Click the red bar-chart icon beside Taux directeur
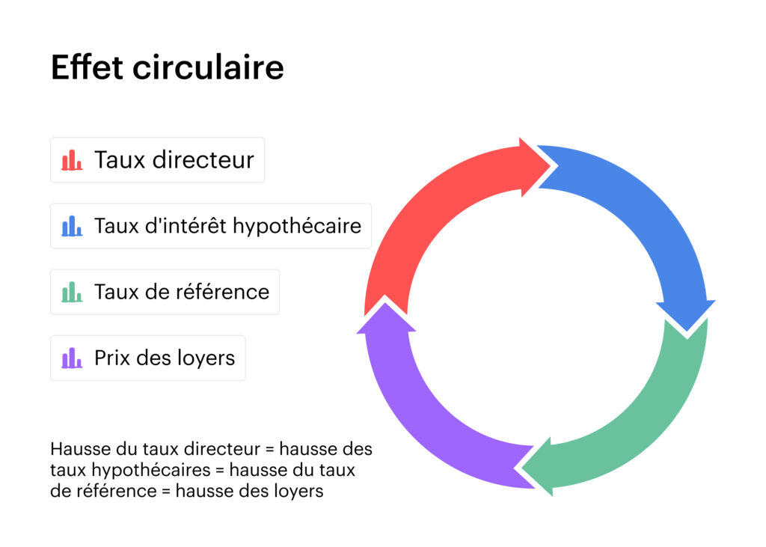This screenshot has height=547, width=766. pyautogui.click(x=72, y=160)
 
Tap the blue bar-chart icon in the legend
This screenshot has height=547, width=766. pyautogui.click(x=72, y=226)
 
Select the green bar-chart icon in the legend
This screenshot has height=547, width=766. pyautogui.click(x=72, y=292)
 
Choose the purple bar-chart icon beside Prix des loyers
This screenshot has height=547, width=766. pyautogui.click(x=72, y=358)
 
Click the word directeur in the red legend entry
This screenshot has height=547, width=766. pyautogui.click(x=203, y=160)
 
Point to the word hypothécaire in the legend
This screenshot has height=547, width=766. pyautogui.click(x=296, y=226)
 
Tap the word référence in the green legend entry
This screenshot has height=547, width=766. pyautogui.click(x=222, y=292)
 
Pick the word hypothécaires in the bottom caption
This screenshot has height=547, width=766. pyautogui.click(x=151, y=470)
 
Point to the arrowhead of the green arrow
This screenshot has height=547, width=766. pyautogui.click(x=539, y=468)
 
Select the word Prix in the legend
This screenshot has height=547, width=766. pyautogui.click(x=113, y=358)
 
